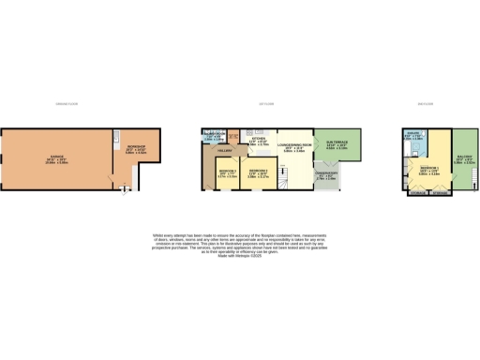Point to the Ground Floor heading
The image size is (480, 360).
click(x=64, y=102)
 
